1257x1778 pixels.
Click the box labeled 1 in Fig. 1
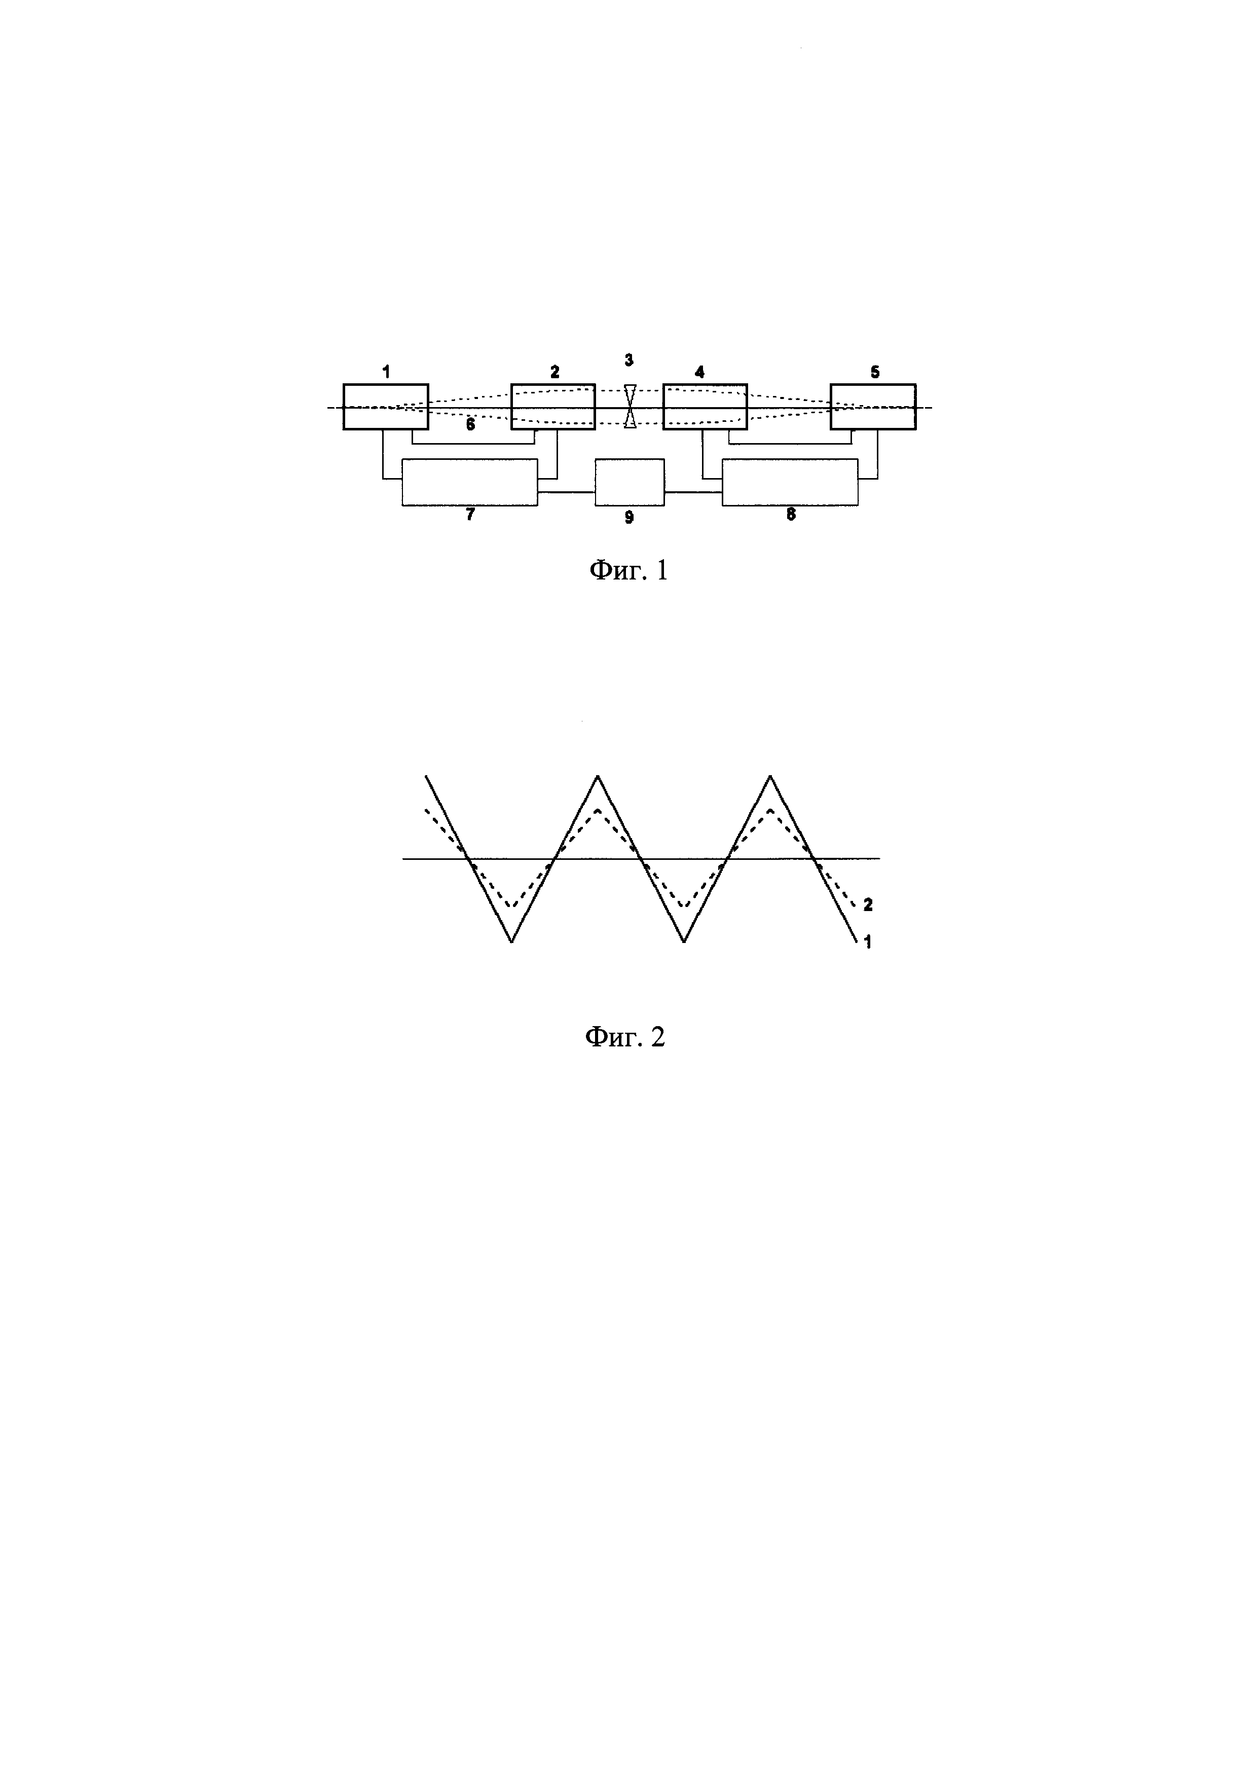point(385,406)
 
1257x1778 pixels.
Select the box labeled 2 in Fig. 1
point(552,406)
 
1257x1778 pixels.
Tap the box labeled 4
point(705,406)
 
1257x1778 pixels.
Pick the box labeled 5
point(873,406)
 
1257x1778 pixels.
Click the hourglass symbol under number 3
point(630,406)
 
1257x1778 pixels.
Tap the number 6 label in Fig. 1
point(470,424)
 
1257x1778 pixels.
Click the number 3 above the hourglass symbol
point(628,360)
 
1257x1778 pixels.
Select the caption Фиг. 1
point(628,571)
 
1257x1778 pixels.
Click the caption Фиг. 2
point(624,1036)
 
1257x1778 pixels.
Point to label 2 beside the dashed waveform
point(868,904)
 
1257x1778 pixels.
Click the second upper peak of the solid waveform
point(769,777)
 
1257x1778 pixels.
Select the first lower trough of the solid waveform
point(511,941)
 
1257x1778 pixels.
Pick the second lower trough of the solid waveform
point(684,941)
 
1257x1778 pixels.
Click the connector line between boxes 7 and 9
point(566,492)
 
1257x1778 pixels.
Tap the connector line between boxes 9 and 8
point(693,492)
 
